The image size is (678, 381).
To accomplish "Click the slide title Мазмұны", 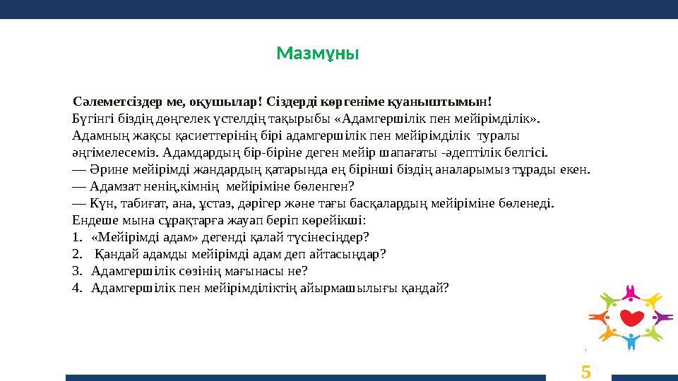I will (318, 54).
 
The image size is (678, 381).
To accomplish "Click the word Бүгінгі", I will (91, 118).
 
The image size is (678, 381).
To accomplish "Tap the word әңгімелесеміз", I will (115, 152).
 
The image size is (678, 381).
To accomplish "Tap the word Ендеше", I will (93, 220).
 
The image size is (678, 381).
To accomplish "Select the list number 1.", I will (76, 237).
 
